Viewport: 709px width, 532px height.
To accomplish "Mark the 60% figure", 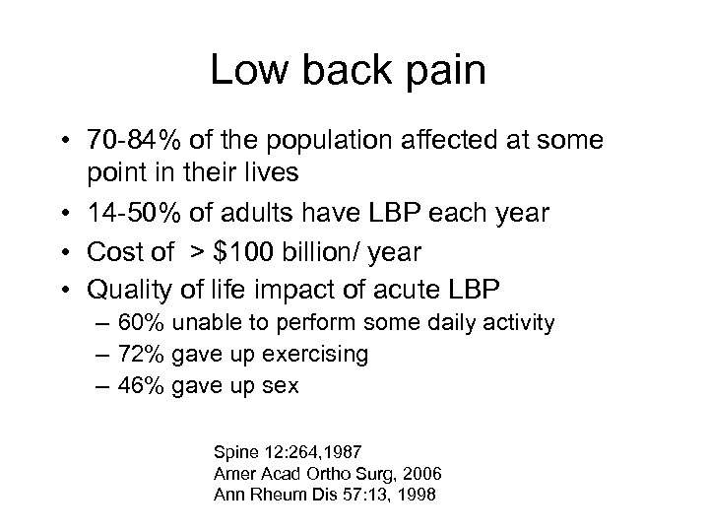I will pos(137,322).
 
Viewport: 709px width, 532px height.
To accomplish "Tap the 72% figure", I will pos(137,355).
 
